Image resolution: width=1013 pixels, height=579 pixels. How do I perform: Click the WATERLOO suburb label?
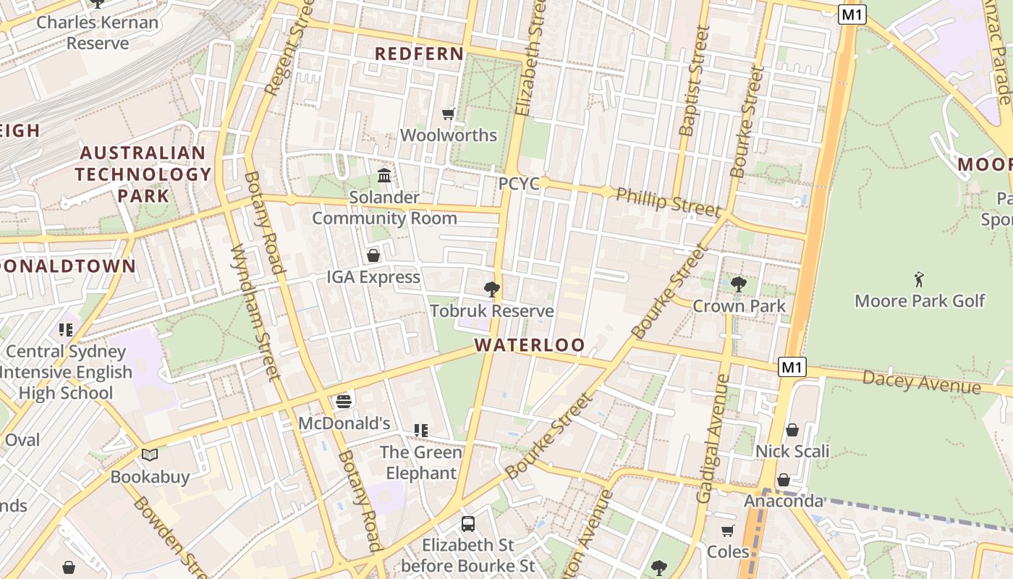[530, 345]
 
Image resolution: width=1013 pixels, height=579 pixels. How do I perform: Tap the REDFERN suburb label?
[419, 54]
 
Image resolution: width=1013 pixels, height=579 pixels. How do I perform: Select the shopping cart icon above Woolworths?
[449, 114]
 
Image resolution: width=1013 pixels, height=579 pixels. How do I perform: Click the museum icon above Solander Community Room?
[384, 176]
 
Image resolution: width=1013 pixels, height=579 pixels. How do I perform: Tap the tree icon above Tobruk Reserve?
[492, 289]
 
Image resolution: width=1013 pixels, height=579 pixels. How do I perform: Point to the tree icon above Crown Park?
[738, 284]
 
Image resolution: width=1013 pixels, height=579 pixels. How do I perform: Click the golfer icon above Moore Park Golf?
[919, 279]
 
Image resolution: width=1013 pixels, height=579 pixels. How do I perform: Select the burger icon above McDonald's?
[344, 401]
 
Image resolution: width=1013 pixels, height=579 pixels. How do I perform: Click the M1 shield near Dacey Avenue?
[792, 367]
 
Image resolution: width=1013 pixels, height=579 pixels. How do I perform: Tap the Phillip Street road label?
[668, 202]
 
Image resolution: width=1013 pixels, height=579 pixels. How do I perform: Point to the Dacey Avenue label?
[921, 381]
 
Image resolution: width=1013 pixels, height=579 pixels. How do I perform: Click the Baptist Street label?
[691, 81]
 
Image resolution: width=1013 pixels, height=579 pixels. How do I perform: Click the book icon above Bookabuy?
[150, 455]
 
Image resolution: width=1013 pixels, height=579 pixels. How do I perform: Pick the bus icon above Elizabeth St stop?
[468, 523]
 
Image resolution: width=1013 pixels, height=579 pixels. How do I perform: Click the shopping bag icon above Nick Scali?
[792, 430]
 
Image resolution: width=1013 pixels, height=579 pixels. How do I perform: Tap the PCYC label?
[519, 184]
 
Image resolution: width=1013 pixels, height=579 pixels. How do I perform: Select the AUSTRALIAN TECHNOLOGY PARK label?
[143, 174]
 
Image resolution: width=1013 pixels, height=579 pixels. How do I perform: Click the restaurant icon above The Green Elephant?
[421, 431]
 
